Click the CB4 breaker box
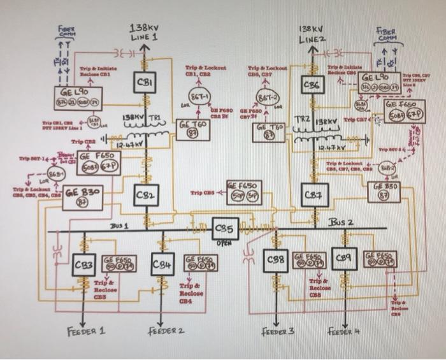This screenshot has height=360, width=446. [x=162, y=264]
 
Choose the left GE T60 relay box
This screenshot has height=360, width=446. [x=193, y=131]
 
